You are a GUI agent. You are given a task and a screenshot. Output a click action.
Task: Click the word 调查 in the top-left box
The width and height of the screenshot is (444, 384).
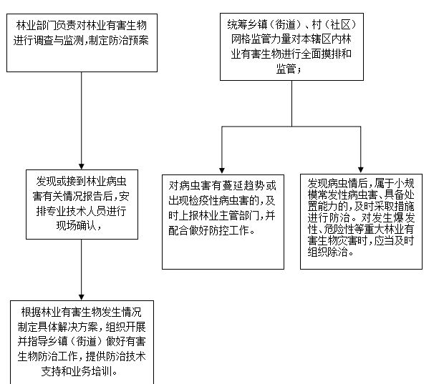point(43,41)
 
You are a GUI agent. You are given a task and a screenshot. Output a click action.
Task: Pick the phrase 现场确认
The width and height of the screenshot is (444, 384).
point(76,225)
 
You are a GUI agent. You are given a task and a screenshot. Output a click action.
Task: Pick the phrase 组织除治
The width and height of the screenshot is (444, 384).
point(327,252)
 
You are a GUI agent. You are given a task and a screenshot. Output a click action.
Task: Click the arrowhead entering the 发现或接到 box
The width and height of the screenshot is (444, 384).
point(81,167)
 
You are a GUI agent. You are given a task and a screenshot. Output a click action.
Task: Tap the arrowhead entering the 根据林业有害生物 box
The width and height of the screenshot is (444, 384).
point(81,297)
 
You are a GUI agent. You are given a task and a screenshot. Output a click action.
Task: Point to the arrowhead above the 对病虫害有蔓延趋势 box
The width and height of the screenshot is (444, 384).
point(222,170)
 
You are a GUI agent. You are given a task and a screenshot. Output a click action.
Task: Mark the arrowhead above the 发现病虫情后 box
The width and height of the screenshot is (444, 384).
point(360,169)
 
